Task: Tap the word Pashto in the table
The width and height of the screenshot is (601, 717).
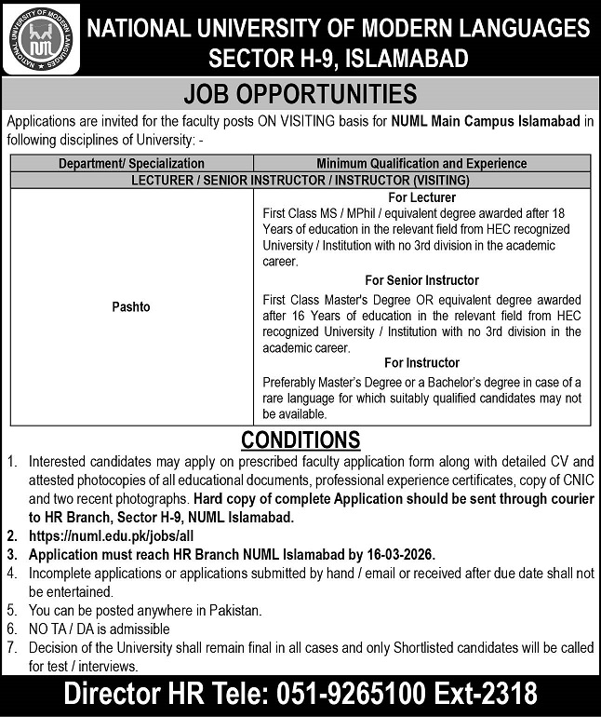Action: coord(131,306)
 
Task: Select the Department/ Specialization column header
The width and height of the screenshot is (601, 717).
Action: coord(131,163)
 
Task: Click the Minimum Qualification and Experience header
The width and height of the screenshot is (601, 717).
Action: coord(421,163)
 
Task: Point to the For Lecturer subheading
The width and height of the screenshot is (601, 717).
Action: coord(421,198)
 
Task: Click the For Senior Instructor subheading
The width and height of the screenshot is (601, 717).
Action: coord(421,280)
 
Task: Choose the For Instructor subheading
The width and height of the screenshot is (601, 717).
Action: coord(421,362)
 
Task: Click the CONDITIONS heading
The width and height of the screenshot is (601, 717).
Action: coord(300,439)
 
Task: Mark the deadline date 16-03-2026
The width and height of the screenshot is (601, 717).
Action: coord(400,554)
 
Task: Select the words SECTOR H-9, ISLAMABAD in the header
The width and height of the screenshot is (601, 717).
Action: coord(338,60)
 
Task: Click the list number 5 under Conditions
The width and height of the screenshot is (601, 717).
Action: coord(11,612)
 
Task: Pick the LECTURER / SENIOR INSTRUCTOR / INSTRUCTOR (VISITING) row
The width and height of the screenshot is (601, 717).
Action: coord(300,179)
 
